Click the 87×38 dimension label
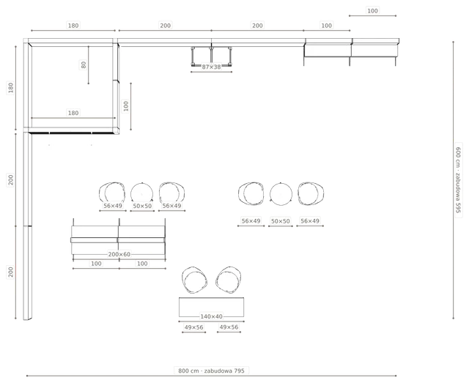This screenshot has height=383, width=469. pyautogui.click(x=211, y=67)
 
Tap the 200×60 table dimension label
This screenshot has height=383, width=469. pyautogui.click(x=119, y=254)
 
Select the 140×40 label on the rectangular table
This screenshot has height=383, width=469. pyautogui.click(x=211, y=316)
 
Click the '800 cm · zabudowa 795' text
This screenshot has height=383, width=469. pyautogui.click(x=211, y=371)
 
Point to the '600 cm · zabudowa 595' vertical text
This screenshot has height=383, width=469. pyautogui.click(x=458, y=179)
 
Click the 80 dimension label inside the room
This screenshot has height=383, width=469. pyautogui.click(x=84, y=65)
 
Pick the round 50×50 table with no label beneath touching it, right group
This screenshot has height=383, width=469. pyautogui.click(x=281, y=194)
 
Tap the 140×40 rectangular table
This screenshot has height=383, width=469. pyautogui.click(x=211, y=307)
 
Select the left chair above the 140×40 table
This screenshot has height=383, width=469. pyautogui.click(x=194, y=280)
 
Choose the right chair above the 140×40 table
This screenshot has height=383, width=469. pyautogui.click(x=229, y=280)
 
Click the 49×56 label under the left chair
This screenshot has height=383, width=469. pyautogui.click(x=193, y=327)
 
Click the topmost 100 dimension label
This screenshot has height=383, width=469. pyautogui.click(x=372, y=11)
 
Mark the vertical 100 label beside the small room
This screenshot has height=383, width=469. pyautogui.click(x=126, y=106)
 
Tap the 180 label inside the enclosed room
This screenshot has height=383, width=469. pyautogui.click(x=73, y=113)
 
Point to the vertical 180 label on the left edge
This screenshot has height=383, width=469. pyautogui.click(x=11, y=88)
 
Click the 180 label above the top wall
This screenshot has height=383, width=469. pyautogui.click(x=73, y=26)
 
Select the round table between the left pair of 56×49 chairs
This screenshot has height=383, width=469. pyautogui.click(x=141, y=193)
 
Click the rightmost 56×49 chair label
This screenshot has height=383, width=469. pyautogui.click(x=310, y=221)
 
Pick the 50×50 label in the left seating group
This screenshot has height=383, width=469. pyautogui.click(x=142, y=206)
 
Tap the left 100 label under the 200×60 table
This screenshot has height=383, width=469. pyautogui.click(x=96, y=264)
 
